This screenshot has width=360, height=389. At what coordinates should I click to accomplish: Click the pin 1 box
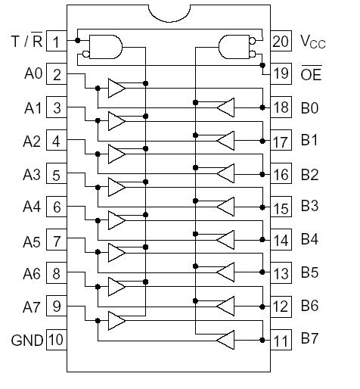point(57,41)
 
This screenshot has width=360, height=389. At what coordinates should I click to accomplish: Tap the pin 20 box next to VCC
point(281,41)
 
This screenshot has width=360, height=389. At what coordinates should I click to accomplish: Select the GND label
point(27,340)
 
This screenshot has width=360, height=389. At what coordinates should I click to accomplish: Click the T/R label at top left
point(26,41)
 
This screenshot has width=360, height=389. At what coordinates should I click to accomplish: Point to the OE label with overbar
point(310,74)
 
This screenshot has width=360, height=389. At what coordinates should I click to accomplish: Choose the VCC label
point(313,42)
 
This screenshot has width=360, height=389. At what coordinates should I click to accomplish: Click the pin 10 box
point(57,340)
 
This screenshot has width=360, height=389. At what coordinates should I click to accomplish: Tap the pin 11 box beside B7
point(281,340)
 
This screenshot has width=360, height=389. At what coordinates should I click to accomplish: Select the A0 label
point(33,74)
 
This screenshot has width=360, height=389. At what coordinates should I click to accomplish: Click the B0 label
point(309,107)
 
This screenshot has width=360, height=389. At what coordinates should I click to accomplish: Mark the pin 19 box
point(281,74)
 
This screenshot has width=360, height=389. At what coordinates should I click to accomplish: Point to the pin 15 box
point(281,207)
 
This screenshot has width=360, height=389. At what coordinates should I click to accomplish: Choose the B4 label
point(309,240)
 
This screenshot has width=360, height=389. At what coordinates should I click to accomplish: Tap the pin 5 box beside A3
point(57,174)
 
